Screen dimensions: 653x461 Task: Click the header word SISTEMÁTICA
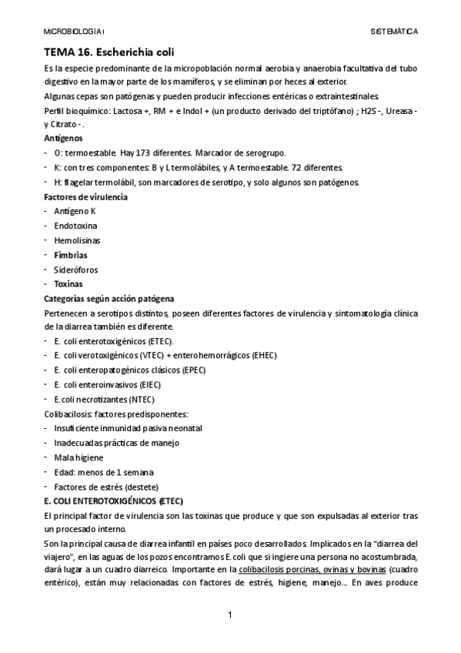coord(394,32)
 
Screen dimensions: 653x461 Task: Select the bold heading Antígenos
coord(64,139)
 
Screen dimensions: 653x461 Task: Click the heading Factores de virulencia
coord(86,196)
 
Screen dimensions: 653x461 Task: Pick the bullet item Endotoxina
coord(76,226)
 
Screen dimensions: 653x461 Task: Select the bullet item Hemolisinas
coord(77,240)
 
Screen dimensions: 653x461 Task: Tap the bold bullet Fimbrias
coord(71,255)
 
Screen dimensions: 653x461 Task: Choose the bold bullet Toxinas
coord(68,283)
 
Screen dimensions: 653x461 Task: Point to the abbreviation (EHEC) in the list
coord(263,355)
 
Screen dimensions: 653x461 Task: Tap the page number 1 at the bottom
coord(230,615)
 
